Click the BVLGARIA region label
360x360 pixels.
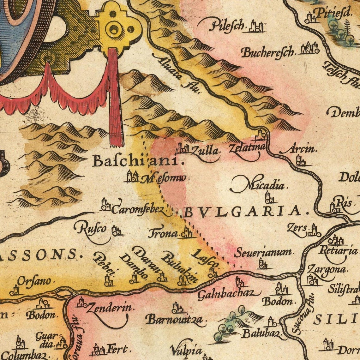pyautogui.click(x=246, y=212)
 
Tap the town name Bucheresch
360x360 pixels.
pyautogui.click(x=268, y=52)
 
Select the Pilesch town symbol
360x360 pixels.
pyautogui.click(x=256, y=27)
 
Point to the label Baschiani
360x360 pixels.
pyautogui.click(x=138, y=161)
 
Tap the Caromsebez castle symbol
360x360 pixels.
pyautogui.click(x=105, y=205)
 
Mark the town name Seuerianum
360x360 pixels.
pyautogui.click(x=264, y=252)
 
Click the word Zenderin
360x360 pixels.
pyautogui.click(x=110, y=308)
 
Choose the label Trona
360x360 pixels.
pyautogui.click(x=163, y=234)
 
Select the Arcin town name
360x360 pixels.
pyautogui.click(x=302, y=149)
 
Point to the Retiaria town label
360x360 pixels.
pyautogui.click(x=338, y=251)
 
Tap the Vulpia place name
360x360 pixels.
pyautogui.click(x=186, y=350)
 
